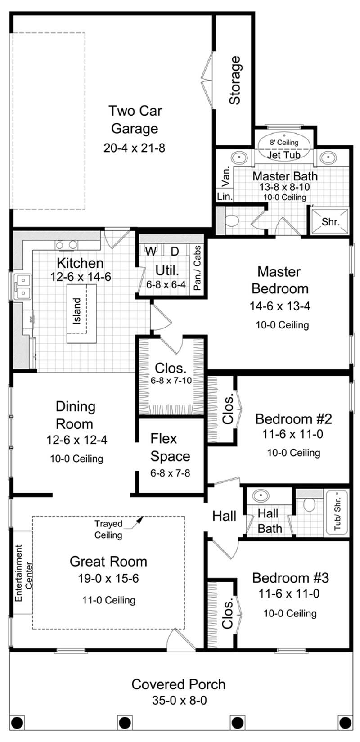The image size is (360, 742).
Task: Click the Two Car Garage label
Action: pos(135,119)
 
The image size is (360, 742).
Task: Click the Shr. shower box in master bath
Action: pos(330,221)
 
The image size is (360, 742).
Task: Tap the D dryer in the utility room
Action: pos(175,251)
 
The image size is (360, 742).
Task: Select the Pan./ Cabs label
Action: pos(197,268)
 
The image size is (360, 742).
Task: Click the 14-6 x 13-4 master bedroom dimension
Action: pos(280,306)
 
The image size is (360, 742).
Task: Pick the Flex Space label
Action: pos(170,447)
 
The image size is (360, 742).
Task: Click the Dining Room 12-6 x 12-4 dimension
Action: pos(76,440)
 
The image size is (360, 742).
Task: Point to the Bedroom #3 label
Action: pos(290,577)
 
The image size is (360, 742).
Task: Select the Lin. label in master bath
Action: pos(225,197)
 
